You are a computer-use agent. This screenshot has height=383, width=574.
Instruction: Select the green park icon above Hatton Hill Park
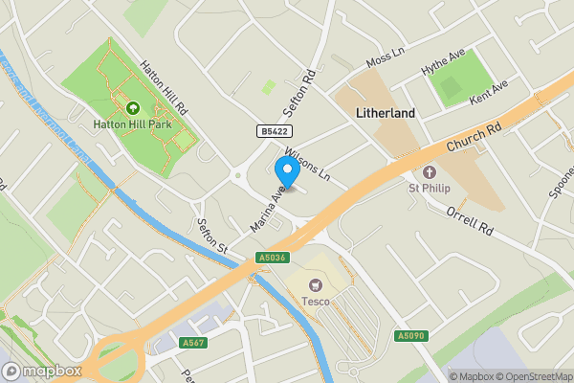(132, 108)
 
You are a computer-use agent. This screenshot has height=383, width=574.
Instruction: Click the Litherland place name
(385, 113)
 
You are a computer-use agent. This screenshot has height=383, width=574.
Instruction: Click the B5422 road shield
(274, 131)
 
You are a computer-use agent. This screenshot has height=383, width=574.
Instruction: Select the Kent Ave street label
(488, 93)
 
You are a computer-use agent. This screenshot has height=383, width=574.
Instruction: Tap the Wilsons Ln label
(305, 165)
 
